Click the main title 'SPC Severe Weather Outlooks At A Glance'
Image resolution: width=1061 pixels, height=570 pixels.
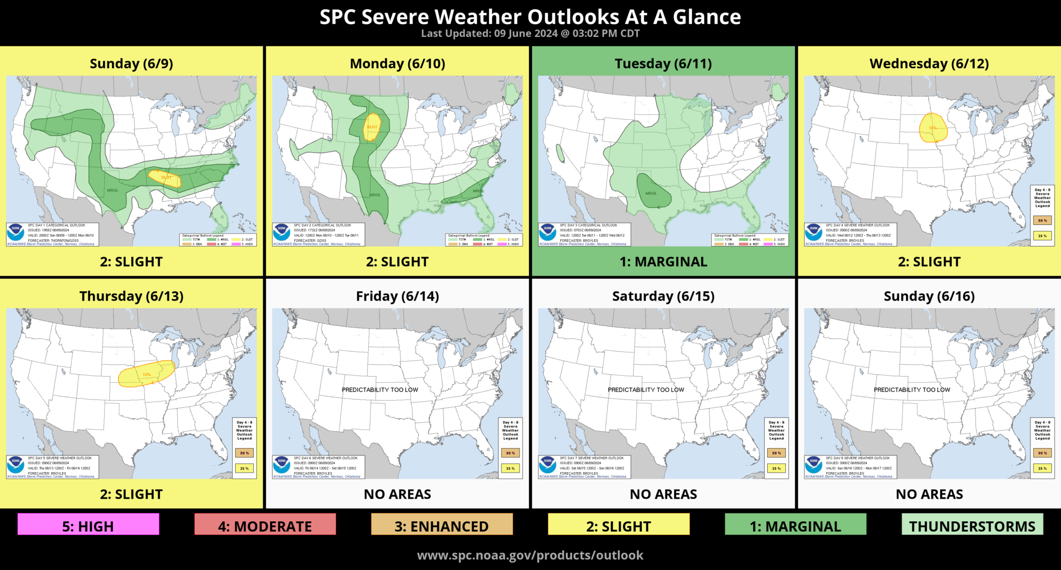click(x=530, y=17)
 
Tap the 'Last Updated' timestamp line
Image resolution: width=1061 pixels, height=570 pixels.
click(x=530, y=34)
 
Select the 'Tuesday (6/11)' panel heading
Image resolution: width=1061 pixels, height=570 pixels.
click(x=663, y=64)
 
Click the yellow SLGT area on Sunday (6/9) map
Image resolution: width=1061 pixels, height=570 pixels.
click(x=165, y=178)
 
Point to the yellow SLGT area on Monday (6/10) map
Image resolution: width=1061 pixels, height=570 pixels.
click(x=371, y=127)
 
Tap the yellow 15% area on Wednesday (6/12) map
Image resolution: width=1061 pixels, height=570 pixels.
click(x=933, y=128)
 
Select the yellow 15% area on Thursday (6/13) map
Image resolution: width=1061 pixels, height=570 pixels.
click(x=146, y=374)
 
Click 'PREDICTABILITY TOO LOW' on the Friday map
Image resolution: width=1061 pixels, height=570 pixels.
click(x=380, y=390)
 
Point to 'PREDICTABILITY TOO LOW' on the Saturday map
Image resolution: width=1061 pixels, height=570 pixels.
click(x=646, y=390)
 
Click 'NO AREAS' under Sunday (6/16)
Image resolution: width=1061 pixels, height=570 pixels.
click(x=929, y=494)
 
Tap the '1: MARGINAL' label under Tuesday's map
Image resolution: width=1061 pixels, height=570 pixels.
click(x=663, y=262)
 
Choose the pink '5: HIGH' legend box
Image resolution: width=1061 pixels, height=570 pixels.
click(x=88, y=525)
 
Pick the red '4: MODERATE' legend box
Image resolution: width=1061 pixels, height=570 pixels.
click(x=265, y=525)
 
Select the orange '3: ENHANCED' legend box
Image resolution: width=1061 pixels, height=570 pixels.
click(x=441, y=525)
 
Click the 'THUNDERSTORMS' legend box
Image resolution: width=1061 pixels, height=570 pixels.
click(x=972, y=525)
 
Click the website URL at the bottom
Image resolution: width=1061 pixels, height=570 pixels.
click(x=530, y=555)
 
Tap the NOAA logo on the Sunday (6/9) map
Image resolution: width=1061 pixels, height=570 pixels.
click(x=16, y=232)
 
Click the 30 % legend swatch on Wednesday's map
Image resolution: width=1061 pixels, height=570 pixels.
click(x=1042, y=220)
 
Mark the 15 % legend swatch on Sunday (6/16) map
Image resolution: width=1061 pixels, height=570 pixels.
click(x=1042, y=468)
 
